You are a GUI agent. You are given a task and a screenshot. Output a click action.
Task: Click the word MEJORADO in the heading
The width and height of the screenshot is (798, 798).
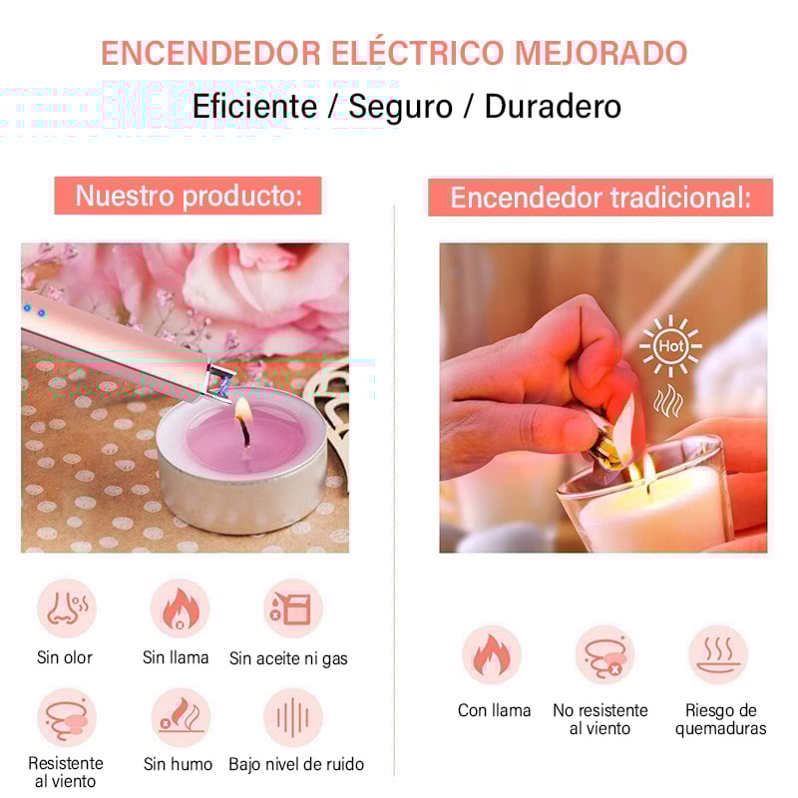(x=601, y=53)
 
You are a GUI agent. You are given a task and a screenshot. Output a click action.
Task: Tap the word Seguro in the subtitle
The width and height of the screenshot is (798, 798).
(x=401, y=107)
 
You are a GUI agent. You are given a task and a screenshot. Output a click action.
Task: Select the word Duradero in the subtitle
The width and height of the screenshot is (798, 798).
(x=553, y=106)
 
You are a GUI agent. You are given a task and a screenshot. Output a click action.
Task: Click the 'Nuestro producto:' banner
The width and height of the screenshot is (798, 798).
(x=188, y=196)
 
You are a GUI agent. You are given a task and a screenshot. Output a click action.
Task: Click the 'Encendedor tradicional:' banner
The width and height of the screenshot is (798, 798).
(x=600, y=198)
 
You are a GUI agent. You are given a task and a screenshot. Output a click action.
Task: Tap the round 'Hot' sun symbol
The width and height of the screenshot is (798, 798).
(x=670, y=346)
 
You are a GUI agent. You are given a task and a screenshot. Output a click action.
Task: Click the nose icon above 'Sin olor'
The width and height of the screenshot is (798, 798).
(x=67, y=608)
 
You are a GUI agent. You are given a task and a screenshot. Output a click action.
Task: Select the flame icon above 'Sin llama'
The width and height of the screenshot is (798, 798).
(x=181, y=608)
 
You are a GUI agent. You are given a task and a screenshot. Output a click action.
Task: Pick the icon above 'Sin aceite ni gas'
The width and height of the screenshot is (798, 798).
(x=292, y=608)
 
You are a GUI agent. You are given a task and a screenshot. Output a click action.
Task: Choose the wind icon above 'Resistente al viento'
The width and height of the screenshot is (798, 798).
(x=67, y=717)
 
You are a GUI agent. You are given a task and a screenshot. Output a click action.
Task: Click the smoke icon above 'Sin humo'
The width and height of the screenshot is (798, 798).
(x=181, y=717)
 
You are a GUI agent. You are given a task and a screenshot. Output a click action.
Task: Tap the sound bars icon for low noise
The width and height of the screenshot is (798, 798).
(x=292, y=717)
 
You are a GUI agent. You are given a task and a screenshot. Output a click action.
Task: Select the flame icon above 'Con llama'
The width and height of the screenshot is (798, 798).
(x=492, y=655)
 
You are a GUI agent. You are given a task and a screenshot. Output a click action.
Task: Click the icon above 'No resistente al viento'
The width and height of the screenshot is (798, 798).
(x=605, y=655)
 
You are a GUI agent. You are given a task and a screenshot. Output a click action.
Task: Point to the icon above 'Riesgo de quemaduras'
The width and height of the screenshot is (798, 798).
(x=718, y=655)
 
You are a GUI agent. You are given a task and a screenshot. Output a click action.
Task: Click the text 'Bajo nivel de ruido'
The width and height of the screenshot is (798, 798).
(x=296, y=764)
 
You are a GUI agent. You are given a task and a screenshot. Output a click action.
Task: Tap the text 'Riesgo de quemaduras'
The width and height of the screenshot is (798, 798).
(x=720, y=719)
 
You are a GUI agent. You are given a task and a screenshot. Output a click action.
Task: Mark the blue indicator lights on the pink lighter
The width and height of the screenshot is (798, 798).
(x=35, y=310)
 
